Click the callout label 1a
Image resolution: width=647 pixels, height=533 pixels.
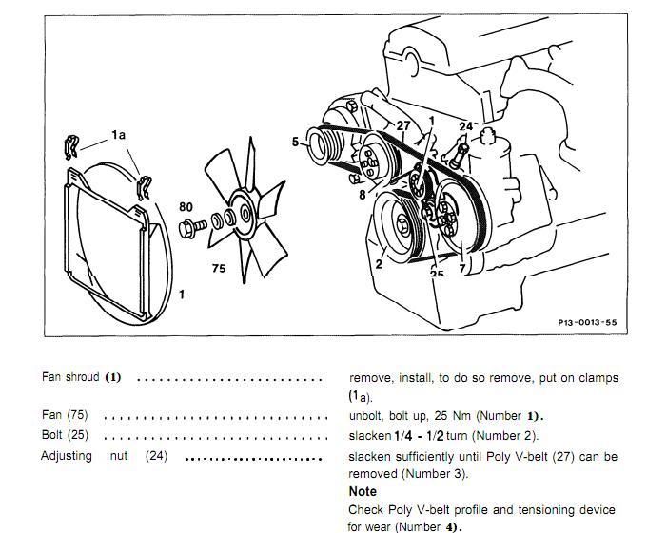118,136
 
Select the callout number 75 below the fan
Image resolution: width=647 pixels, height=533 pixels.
219,269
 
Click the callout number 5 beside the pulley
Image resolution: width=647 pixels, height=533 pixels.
296,143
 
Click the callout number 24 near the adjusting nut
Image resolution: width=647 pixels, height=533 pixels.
465,125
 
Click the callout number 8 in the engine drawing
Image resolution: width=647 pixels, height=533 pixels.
363,195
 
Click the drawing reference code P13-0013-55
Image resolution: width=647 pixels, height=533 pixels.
587,323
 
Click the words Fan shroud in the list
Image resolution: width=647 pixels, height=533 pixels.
69,377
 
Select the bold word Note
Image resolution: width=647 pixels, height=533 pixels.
363,491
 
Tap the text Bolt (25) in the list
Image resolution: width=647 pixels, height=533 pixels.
66,436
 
